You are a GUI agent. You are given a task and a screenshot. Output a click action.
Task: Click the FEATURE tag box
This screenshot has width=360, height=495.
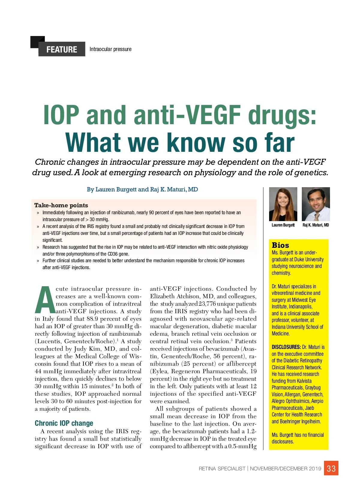coord(62,49)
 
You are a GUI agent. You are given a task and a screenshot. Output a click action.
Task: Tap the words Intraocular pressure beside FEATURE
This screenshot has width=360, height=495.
coord(110,49)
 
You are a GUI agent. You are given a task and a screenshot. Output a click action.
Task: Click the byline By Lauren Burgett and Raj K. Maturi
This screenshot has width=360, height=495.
coord(142,189)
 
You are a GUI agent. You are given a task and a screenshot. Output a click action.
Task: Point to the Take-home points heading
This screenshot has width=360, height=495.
coord(61,205)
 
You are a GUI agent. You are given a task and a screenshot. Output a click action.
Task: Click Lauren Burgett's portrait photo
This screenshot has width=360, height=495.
coord(283,204)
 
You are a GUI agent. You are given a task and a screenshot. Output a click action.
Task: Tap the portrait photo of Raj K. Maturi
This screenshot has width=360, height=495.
coord(316,204)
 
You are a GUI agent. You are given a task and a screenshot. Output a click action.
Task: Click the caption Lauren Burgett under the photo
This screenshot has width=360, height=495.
coord(283,225)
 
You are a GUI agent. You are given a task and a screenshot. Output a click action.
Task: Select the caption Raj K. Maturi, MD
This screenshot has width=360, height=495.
coord(316,225)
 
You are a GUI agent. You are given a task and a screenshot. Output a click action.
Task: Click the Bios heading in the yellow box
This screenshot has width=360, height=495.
coord(280,245)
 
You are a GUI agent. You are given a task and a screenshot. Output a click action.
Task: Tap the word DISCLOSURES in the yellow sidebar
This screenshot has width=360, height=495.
coord(286,347)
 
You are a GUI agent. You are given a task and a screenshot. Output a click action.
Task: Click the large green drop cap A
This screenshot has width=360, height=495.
coord(45,300)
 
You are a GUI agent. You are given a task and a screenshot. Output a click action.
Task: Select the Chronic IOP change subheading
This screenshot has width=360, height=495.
coord(64,423)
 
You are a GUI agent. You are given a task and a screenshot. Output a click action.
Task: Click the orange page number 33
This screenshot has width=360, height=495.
coord(331,469)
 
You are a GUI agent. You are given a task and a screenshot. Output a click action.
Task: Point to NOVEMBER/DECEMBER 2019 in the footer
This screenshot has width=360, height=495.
coord(285,469)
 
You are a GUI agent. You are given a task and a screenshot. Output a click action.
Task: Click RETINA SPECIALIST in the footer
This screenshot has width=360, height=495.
coord(222,469)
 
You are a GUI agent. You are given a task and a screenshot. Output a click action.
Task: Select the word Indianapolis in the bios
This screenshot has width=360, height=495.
coord(300,307)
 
